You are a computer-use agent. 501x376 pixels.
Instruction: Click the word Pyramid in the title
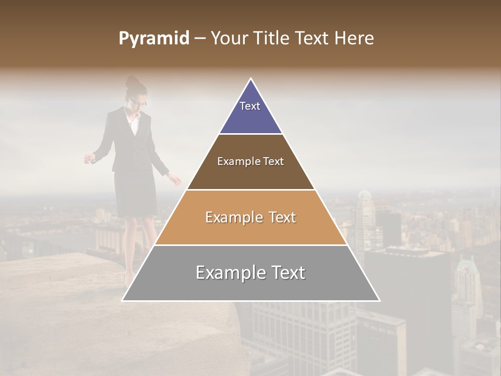point(153,39)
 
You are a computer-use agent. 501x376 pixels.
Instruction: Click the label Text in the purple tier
point(250,106)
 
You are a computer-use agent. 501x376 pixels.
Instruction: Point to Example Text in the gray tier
point(250,273)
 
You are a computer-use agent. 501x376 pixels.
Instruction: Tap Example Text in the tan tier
point(250,217)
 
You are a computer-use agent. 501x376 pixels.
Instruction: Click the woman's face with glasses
point(137,101)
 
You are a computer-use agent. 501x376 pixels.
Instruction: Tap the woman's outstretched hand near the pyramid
point(176,181)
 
